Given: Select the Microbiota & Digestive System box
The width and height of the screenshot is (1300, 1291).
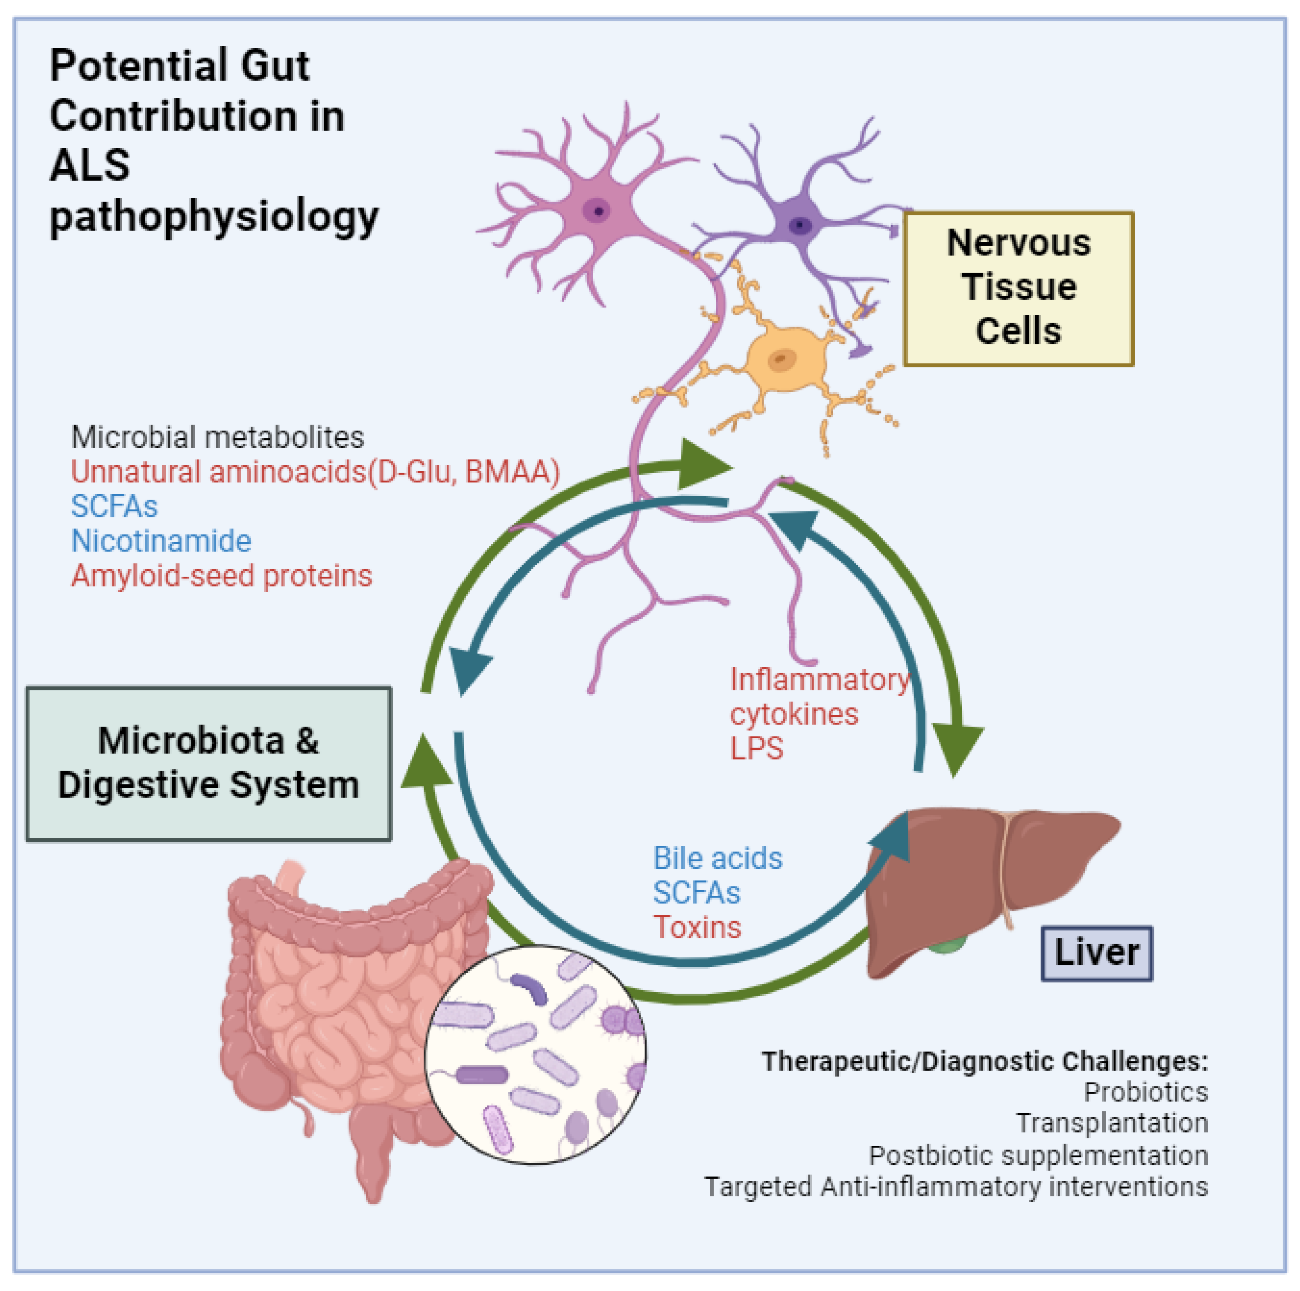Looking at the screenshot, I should click(208, 763).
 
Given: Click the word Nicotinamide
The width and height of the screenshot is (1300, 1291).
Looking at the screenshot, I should click(161, 541).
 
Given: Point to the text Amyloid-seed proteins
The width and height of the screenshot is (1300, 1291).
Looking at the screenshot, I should click(221, 576).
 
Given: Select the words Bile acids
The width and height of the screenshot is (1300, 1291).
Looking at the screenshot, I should click(717, 858).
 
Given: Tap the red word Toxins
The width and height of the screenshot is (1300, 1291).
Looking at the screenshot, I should click(697, 927).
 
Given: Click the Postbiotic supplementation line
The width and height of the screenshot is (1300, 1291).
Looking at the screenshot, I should click(1038, 1155).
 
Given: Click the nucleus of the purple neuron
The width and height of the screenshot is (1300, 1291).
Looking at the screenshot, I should click(799, 225).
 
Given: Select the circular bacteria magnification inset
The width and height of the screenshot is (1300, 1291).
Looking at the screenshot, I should click(535, 1054).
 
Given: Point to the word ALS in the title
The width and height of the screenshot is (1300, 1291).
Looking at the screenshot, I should click(90, 166).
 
